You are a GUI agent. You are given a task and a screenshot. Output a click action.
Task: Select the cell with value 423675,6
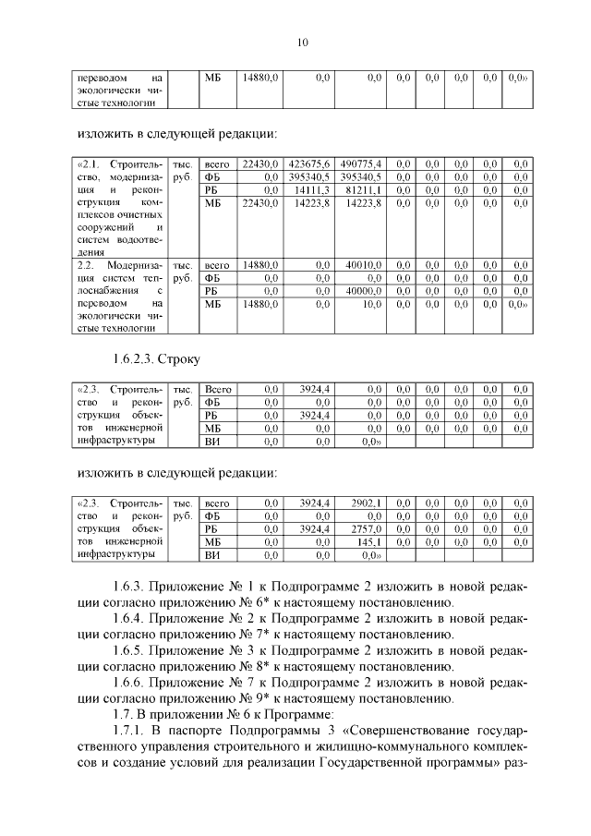click(310, 163)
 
